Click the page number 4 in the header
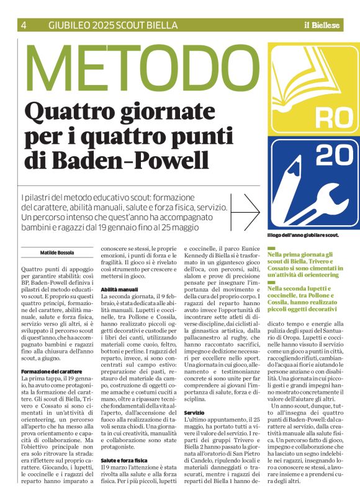click(24, 25)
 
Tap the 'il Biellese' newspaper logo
click(322, 25)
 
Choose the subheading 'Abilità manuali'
click(119, 289)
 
